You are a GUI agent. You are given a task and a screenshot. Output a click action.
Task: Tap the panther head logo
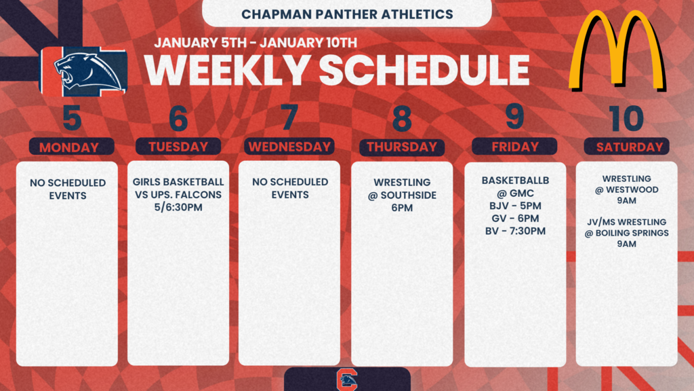click(x=85, y=71)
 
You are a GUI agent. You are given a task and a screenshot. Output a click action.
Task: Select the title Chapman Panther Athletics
click(x=347, y=14)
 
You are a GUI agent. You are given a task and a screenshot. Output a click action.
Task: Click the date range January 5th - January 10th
click(x=255, y=42)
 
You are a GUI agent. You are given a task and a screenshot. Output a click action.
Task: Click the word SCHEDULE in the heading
click(x=424, y=70)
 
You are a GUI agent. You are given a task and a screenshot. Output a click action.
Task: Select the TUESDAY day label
click(x=178, y=146)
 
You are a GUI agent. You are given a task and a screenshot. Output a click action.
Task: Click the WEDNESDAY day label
click(x=289, y=146)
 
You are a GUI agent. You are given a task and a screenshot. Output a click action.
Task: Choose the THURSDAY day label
click(x=402, y=146)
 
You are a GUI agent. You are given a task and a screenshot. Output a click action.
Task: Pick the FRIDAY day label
click(x=514, y=146)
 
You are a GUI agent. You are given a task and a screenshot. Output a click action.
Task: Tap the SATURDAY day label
click(x=627, y=146)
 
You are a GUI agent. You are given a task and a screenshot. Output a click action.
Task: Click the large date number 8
click(x=402, y=118)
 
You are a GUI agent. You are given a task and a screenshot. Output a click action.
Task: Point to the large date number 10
click(x=626, y=118)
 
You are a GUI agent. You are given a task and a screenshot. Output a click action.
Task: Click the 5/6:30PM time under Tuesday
click(x=178, y=207)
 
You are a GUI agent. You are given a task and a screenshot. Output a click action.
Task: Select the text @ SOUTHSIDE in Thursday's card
click(x=402, y=195)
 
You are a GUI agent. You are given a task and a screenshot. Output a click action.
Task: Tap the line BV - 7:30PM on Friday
click(x=515, y=231)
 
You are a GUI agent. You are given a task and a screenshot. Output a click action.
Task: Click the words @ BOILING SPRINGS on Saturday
click(x=626, y=233)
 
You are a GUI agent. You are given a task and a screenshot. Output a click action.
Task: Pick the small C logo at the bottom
click(x=346, y=379)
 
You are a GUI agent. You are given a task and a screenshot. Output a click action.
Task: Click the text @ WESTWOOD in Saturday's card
click(x=626, y=190)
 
